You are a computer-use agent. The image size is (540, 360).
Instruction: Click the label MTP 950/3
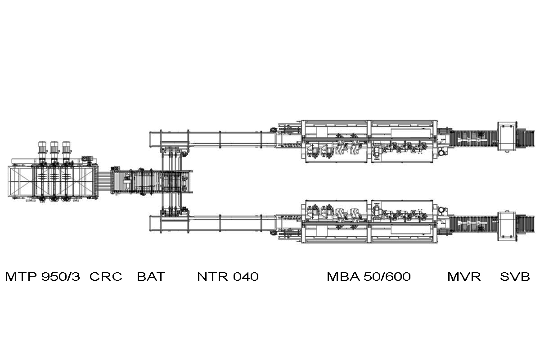(x=42, y=276)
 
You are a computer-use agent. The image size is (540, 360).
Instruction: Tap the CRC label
(x=106, y=276)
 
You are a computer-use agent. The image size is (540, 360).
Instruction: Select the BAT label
(x=151, y=276)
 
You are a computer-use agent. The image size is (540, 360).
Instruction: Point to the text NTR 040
(x=228, y=276)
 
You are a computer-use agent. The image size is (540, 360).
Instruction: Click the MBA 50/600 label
(x=369, y=276)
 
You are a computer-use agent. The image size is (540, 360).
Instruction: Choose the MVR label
(x=464, y=276)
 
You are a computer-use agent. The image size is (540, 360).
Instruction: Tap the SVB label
(x=515, y=276)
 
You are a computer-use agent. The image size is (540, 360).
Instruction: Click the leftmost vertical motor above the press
(x=42, y=149)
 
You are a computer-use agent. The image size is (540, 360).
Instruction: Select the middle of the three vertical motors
(x=54, y=149)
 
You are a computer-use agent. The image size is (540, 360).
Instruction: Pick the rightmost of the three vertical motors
(x=66, y=149)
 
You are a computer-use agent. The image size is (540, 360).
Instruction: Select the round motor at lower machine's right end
(x=443, y=210)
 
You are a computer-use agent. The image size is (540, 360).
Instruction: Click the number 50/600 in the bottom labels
(x=387, y=276)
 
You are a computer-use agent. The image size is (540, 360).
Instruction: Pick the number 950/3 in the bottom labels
(x=60, y=276)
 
